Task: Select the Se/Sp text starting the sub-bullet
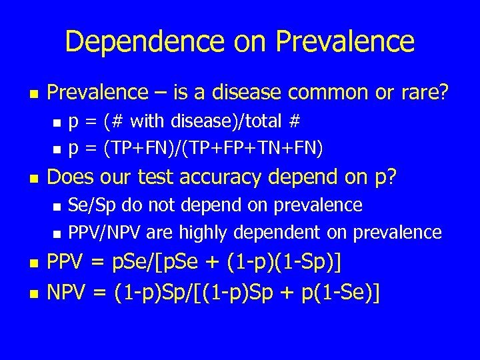(88, 205)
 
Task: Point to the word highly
(199, 232)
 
